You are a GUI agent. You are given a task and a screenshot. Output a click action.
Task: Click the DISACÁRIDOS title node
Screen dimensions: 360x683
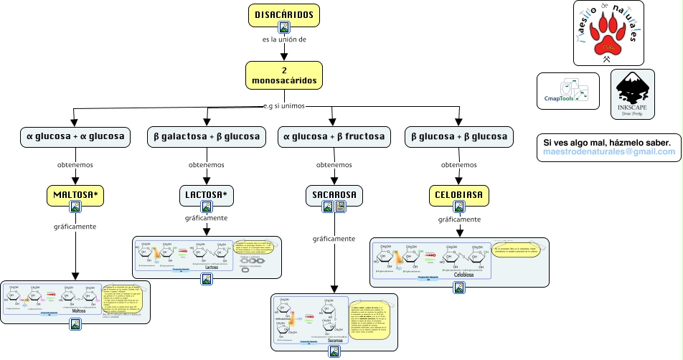(284, 14)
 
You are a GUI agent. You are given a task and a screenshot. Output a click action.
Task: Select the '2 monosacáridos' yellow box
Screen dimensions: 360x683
(284, 75)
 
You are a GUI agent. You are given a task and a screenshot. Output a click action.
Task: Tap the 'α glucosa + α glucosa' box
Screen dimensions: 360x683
(75, 136)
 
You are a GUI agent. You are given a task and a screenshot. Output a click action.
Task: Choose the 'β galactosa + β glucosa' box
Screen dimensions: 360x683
(207, 136)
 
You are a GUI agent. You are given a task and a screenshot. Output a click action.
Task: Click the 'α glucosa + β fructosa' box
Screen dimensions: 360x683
(334, 136)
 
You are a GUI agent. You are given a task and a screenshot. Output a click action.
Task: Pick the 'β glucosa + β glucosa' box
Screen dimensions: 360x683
(458, 136)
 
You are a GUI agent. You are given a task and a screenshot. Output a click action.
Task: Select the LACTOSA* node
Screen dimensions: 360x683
(207, 194)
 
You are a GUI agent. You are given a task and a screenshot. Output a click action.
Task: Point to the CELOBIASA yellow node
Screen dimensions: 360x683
(459, 194)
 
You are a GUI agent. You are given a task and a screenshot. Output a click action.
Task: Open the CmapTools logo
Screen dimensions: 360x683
(568, 91)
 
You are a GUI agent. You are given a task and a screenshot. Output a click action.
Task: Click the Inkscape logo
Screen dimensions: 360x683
(632, 94)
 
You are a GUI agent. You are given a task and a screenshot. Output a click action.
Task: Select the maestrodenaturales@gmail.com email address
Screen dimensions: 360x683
(609, 152)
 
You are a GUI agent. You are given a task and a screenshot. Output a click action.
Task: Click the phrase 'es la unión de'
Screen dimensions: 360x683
(285, 39)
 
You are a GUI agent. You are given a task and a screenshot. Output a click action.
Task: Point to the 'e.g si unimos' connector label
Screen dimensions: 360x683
(285, 106)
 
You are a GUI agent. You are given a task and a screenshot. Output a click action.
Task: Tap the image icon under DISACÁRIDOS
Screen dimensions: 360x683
(284, 28)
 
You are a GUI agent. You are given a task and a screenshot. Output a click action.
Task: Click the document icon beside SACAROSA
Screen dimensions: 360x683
(340, 207)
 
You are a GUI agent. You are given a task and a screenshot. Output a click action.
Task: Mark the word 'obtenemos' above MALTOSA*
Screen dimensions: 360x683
(75, 165)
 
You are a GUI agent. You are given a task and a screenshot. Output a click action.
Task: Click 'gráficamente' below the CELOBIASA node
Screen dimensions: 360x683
(459, 219)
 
